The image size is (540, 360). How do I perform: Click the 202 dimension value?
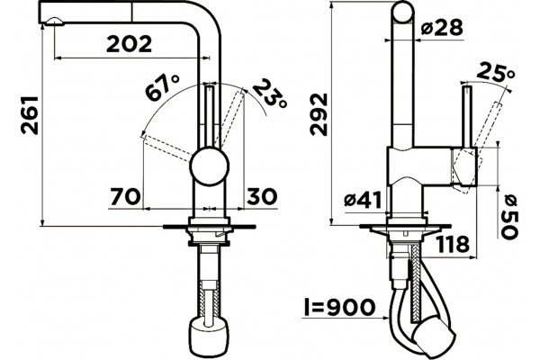coord(129,44)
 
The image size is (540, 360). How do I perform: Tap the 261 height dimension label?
coord(30,115)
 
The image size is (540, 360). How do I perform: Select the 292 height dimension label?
coord(319,114)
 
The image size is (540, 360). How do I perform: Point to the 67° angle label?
coord(163,87)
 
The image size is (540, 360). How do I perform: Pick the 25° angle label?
coord(496,73)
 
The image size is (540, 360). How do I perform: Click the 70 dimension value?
coord(126,197)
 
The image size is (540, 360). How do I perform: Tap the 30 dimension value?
coord(262,197)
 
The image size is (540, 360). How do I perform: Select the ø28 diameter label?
coord(442,27)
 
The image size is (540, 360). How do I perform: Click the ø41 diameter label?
coord(364,200)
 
